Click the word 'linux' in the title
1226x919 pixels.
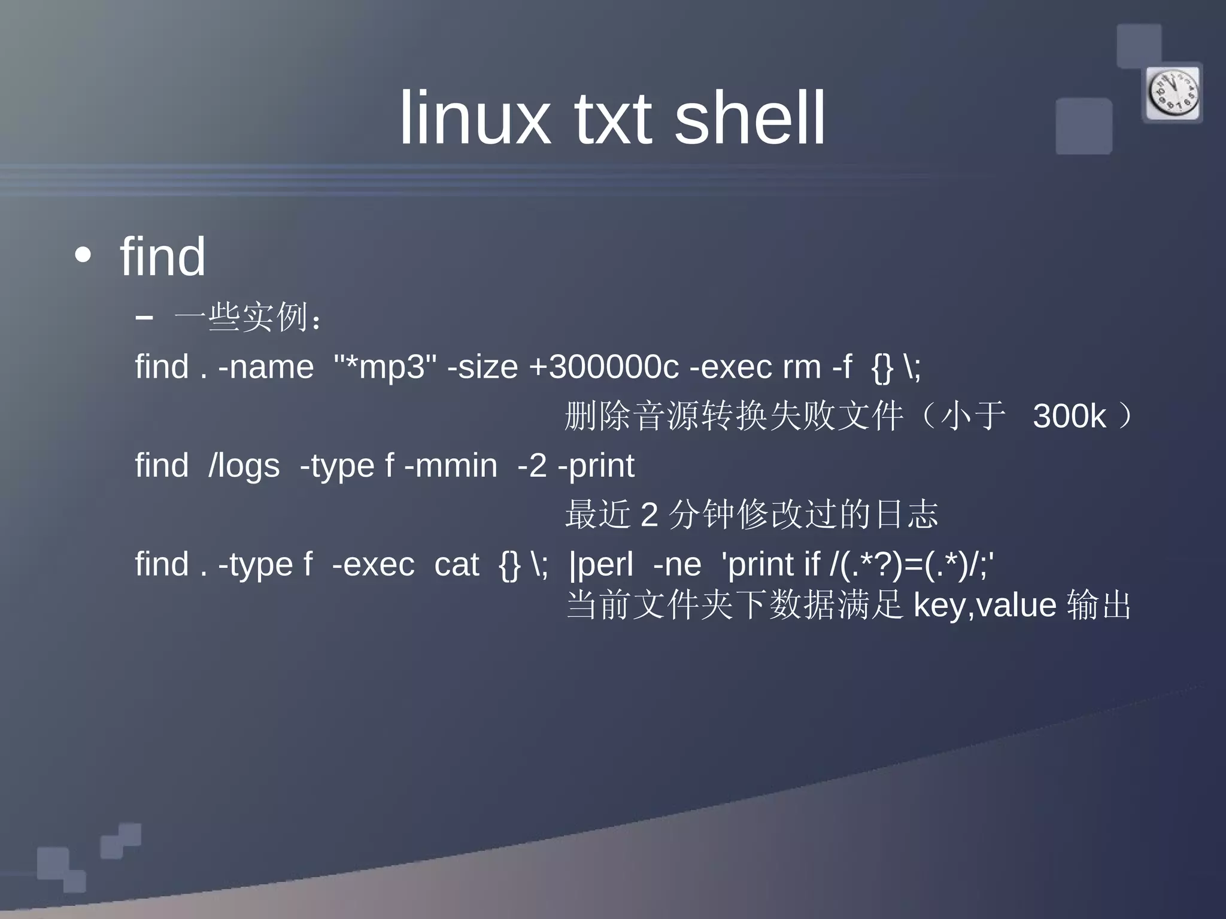[x=474, y=117]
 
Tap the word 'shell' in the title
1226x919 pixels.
[x=749, y=117]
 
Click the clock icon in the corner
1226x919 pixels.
[x=1173, y=93]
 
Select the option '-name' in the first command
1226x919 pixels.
[x=266, y=367]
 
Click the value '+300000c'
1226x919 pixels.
[x=603, y=367]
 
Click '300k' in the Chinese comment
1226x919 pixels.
[x=1069, y=416]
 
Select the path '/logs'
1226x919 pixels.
[x=244, y=465]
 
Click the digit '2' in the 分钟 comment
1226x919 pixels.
[x=649, y=515]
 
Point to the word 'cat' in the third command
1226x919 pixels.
[x=457, y=564]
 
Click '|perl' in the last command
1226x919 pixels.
[x=601, y=565]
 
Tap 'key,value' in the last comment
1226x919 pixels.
[x=985, y=605]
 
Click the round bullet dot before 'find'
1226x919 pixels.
[x=83, y=255]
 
